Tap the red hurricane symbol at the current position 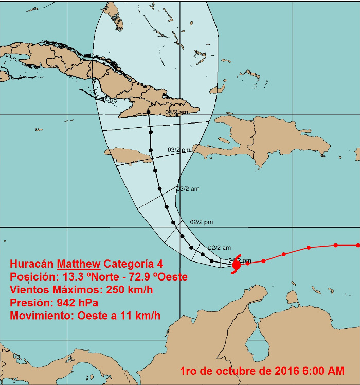click(x=237, y=265)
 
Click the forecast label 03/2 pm click(x=179, y=150)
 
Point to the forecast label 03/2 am click(x=188, y=189)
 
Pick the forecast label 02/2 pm click(x=202, y=222)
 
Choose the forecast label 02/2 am click(x=220, y=248)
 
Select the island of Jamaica click(x=125, y=154)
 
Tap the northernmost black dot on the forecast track click(x=148, y=111)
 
